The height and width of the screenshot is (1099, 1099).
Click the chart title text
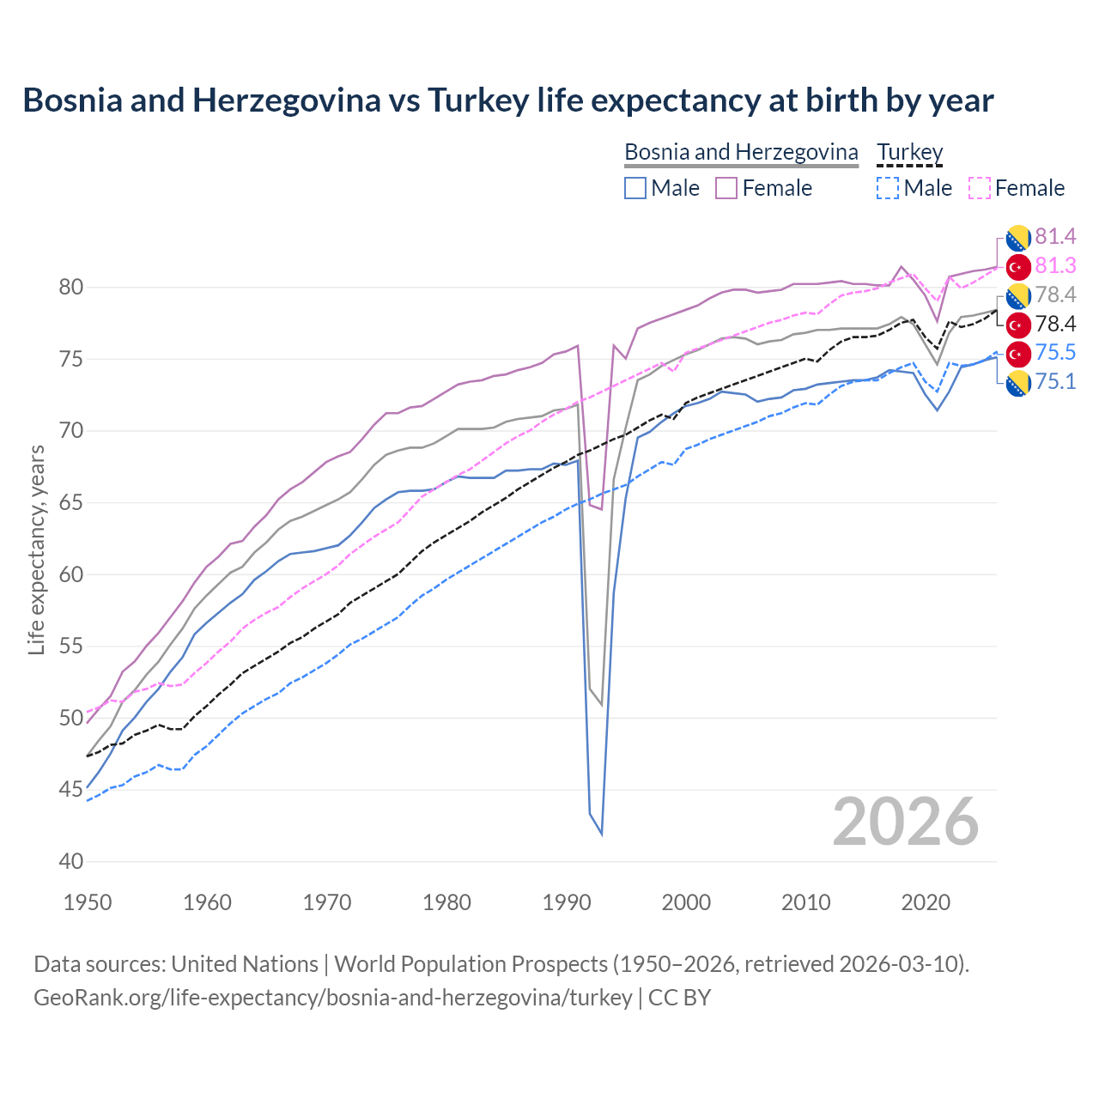click(x=507, y=100)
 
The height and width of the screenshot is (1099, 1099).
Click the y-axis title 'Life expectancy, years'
click(x=37, y=549)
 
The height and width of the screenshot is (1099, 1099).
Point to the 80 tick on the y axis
click(x=71, y=288)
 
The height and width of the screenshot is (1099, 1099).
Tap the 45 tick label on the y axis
click(x=71, y=789)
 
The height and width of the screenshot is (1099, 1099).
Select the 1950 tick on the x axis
click(x=88, y=902)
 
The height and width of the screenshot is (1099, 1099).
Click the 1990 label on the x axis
click(x=567, y=902)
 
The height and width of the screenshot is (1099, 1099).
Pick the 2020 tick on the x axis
click(x=926, y=902)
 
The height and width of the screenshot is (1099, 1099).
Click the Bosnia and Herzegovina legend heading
click(x=741, y=152)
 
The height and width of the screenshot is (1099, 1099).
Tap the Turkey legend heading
click(x=909, y=152)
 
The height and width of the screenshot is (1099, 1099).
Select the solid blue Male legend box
click(x=635, y=188)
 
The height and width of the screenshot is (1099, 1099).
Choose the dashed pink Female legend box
click(x=980, y=188)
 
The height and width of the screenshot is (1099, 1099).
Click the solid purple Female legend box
click(x=726, y=188)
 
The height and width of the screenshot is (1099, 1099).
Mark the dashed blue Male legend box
click(x=888, y=188)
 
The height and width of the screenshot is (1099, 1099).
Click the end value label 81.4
click(x=1055, y=236)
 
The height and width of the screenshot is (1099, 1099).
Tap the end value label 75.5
click(x=1055, y=353)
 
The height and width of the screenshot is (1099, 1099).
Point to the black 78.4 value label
click(x=1055, y=324)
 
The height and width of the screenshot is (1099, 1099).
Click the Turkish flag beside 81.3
click(x=1018, y=266)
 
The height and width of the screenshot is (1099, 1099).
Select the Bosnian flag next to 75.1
click(x=1018, y=383)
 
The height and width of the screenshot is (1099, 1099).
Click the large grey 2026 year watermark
click(x=906, y=822)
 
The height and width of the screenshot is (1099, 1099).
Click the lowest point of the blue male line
click(x=601, y=834)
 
